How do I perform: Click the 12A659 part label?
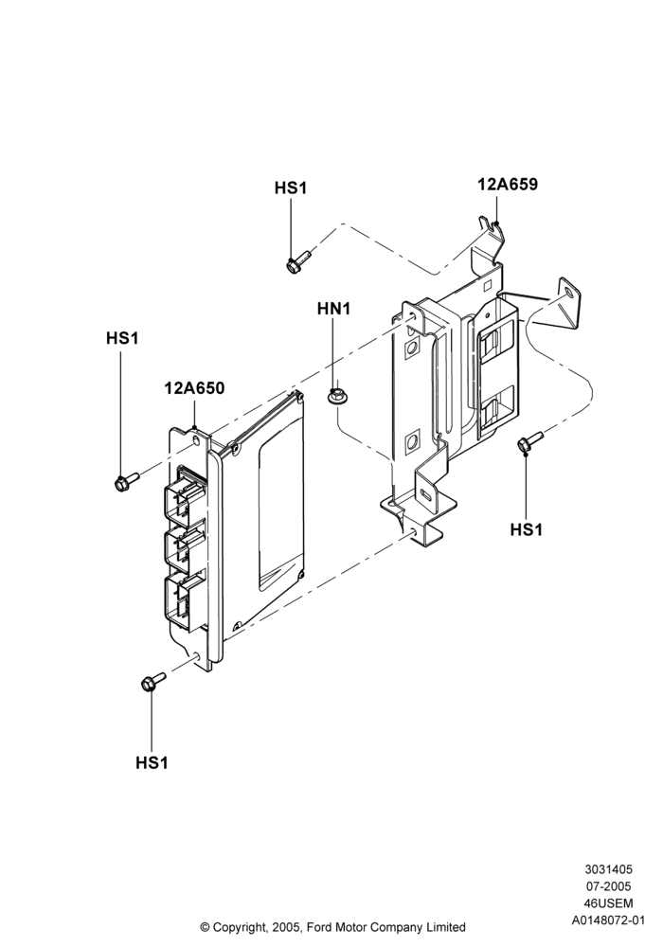[x=508, y=185]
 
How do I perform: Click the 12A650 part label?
[x=194, y=387]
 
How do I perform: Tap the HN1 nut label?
[x=334, y=309]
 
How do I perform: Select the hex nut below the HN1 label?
[x=334, y=396]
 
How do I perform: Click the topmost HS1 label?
[x=291, y=188]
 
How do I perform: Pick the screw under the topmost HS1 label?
[x=297, y=262]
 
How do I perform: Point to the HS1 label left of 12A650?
[x=122, y=338]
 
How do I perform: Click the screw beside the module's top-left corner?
[x=126, y=481]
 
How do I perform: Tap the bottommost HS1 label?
[x=152, y=762]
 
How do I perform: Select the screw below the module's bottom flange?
[x=153, y=681]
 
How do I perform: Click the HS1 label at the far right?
[x=527, y=529]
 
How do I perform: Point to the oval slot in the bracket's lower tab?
[x=426, y=494]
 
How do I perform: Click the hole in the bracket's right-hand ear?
[x=567, y=292]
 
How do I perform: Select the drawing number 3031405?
[x=608, y=869]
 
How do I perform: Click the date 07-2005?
[x=608, y=886]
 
